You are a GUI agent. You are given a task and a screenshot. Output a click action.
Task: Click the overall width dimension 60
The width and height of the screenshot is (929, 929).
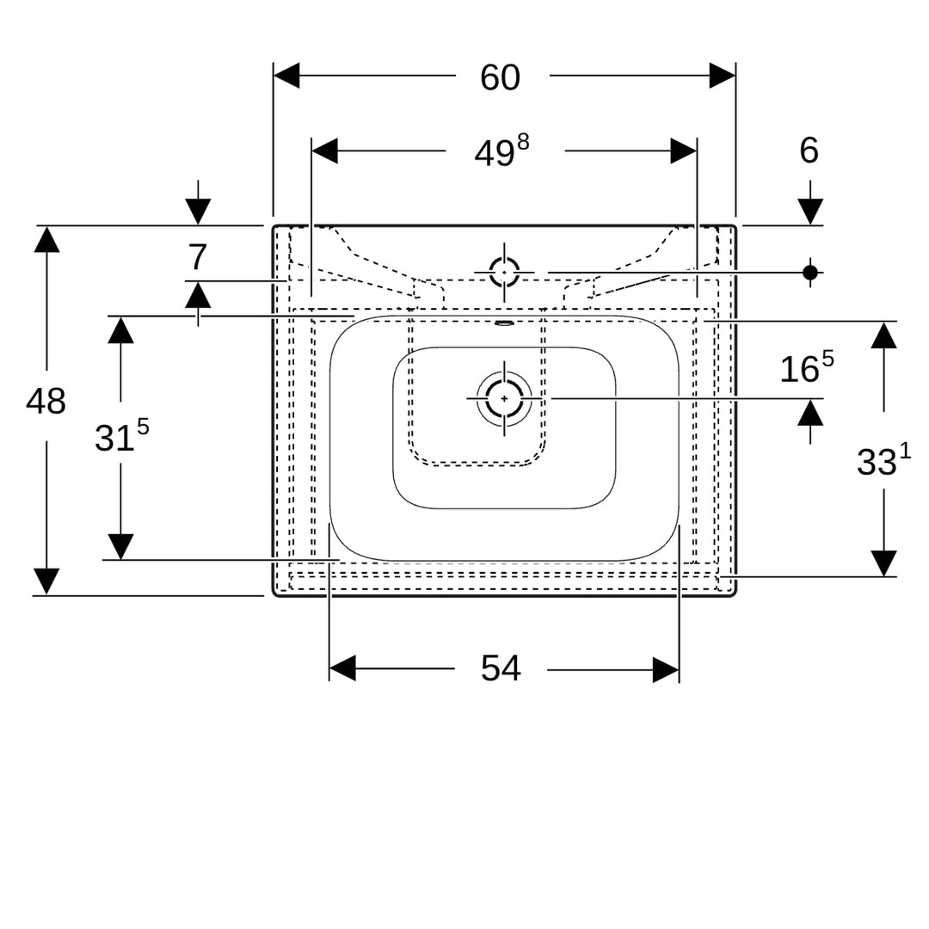click(500, 77)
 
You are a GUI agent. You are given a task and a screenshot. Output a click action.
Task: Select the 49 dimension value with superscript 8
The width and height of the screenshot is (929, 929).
click(501, 152)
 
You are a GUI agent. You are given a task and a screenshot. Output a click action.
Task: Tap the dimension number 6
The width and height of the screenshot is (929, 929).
click(809, 151)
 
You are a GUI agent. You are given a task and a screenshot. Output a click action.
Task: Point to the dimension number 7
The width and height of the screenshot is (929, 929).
click(198, 257)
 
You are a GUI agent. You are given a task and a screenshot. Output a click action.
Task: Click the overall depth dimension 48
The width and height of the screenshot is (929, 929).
click(46, 401)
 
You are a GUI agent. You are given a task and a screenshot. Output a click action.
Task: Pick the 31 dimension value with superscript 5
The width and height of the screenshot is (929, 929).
click(121, 436)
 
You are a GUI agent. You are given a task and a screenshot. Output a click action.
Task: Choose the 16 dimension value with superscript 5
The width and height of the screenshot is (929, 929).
click(806, 368)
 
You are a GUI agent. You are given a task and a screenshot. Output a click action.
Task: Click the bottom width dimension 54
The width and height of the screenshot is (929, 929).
click(501, 668)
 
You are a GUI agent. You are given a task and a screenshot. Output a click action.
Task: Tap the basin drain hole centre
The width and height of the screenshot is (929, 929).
click(504, 398)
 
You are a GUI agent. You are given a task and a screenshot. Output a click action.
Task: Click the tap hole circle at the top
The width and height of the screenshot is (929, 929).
click(504, 272)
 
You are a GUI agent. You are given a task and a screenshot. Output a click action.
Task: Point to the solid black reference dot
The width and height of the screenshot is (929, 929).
click(809, 272)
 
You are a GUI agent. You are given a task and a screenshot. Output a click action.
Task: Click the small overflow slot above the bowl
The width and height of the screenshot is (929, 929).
click(504, 324)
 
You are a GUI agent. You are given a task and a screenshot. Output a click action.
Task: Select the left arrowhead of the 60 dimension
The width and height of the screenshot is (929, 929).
click(286, 76)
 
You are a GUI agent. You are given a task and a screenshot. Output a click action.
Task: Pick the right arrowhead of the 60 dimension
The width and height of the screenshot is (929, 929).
click(723, 76)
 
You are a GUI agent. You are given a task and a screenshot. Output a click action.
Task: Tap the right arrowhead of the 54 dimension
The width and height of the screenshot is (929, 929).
click(666, 669)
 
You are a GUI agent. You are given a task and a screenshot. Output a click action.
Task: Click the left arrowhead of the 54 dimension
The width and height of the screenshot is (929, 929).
click(342, 668)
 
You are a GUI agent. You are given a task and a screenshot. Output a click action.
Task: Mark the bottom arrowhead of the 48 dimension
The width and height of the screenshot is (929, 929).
click(46, 581)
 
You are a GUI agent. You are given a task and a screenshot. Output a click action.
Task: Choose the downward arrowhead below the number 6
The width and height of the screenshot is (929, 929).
click(809, 212)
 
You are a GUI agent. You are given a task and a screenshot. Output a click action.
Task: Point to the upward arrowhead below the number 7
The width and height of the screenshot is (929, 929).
click(198, 295)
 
